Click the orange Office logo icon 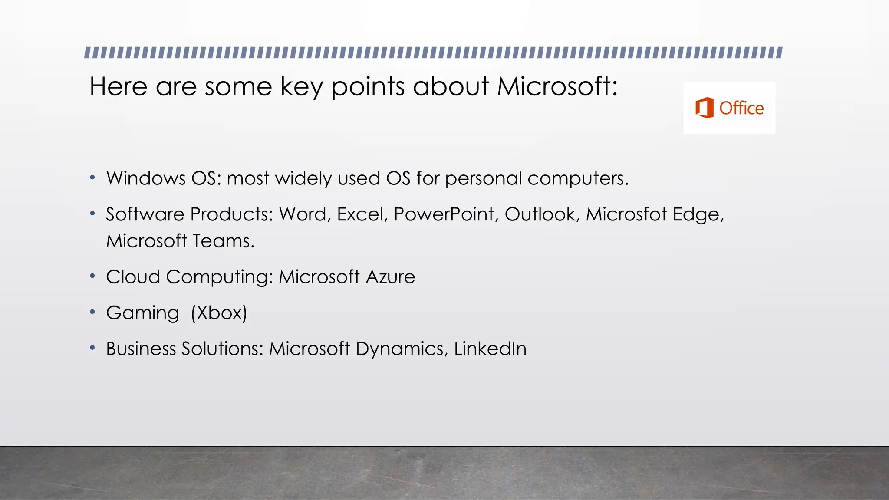tap(705, 108)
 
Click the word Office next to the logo tap(741, 108)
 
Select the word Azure tap(390, 277)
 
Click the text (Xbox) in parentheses tap(219, 313)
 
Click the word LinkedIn tap(490, 349)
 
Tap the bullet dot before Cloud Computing tap(92, 276)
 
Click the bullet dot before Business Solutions tap(92, 348)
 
